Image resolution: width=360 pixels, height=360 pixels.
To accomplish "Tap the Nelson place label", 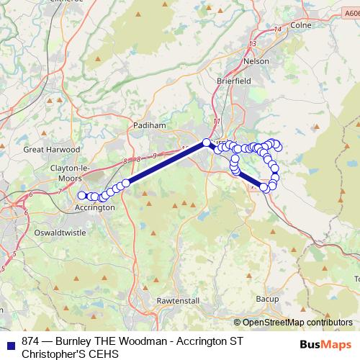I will (x=256, y=61).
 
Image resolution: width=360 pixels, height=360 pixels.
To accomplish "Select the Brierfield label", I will (x=234, y=82).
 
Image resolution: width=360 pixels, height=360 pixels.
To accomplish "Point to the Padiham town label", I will (x=150, y=125).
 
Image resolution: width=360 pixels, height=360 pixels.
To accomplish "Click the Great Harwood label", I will (x=45, y=150).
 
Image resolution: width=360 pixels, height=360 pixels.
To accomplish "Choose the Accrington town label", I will (x=94, y=207).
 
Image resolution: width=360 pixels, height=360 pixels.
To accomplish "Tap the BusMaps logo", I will (x=322, y=343).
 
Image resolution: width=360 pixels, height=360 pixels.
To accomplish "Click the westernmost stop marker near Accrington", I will (x=81, y=194).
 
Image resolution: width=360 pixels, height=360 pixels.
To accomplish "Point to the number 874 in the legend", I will (x=30, y=341).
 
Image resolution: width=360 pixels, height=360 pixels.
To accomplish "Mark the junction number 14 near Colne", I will (x=278, y=29).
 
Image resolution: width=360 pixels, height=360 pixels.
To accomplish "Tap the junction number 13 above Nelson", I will (x=252, y=44).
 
